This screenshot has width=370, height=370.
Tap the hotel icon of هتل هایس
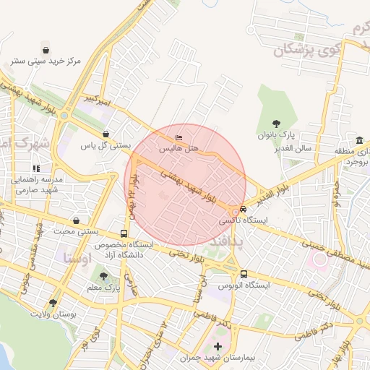(179, 138)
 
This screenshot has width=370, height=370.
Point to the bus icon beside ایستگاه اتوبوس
(244, 274)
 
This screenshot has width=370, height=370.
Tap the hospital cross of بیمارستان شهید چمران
(218, 348)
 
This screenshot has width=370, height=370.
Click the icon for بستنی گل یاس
(107, 134)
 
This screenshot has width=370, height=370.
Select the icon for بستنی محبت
(77, 220)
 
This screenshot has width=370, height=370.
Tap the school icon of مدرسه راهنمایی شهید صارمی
(36, 168)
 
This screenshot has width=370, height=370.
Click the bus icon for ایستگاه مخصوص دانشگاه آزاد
(124, 234)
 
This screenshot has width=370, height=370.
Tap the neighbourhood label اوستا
(77, 257)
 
